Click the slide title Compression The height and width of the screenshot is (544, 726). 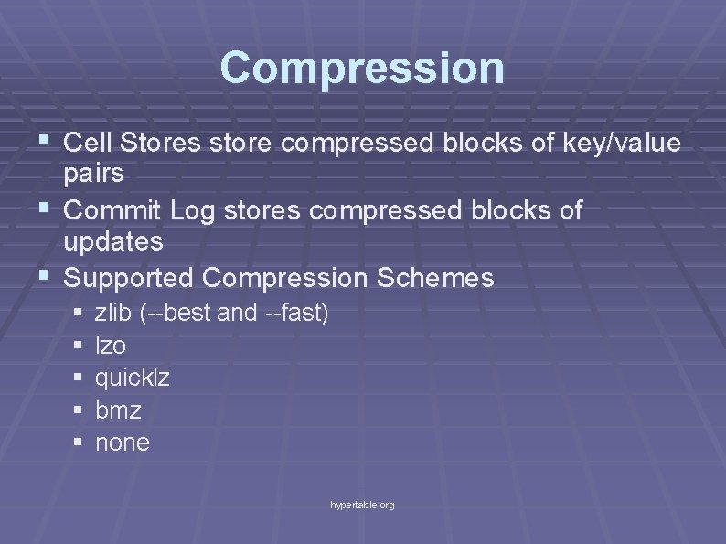[362, 68]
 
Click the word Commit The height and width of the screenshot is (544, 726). [113, 210]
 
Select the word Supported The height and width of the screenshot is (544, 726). [130, 278]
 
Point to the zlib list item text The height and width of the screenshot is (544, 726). [113, 314]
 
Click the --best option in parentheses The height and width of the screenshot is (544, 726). [180, 314]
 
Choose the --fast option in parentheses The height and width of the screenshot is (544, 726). [294, 314]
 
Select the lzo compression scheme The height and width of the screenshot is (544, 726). [111, 346]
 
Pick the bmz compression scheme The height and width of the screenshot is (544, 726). [118, 411]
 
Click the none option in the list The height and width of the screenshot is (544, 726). [122, 443]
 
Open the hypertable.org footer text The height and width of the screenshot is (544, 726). [363, 505]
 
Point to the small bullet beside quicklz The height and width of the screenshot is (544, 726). [78, 378]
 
